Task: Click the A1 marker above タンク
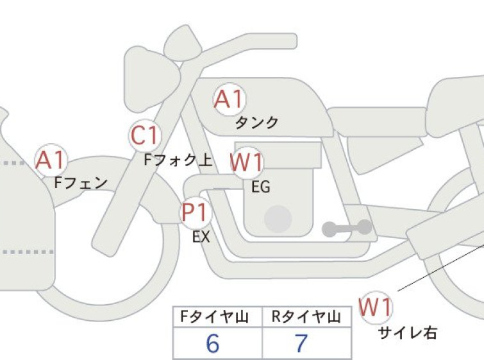229,99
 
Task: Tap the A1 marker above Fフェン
51,160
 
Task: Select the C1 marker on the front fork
145,135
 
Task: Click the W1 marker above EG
247,162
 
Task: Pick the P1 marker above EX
196,212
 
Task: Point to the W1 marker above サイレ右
376,307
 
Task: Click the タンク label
257,123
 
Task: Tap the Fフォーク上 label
178,160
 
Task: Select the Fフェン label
81,183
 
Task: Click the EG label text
261,187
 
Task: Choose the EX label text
201,237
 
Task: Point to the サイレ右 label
408,333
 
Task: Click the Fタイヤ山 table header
215,317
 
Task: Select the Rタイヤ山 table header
306,317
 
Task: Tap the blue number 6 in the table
213,343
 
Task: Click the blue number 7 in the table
301,343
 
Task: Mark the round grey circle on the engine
278,219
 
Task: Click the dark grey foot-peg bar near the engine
347,228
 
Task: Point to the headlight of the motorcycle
152,80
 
